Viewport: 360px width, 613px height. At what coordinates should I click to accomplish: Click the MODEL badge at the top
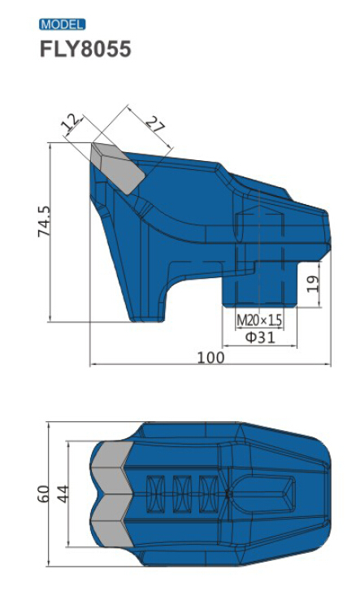click(62, 24)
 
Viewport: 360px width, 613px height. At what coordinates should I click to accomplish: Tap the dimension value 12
click(72, 123)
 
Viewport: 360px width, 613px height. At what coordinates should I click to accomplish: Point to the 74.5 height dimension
click(45, 221)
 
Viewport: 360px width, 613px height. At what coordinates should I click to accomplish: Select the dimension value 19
click(314, 283)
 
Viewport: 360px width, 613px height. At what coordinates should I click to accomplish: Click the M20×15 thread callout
click(259, 320)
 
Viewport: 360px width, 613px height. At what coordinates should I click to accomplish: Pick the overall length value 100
click(210, 357)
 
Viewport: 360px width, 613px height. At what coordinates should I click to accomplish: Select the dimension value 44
click(63, 493)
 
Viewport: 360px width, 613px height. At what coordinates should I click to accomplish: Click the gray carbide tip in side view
click(118, 167)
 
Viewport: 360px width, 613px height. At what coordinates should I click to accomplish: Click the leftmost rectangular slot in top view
click(154, 493)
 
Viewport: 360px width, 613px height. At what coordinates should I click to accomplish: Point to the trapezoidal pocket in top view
click(277, 493)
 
